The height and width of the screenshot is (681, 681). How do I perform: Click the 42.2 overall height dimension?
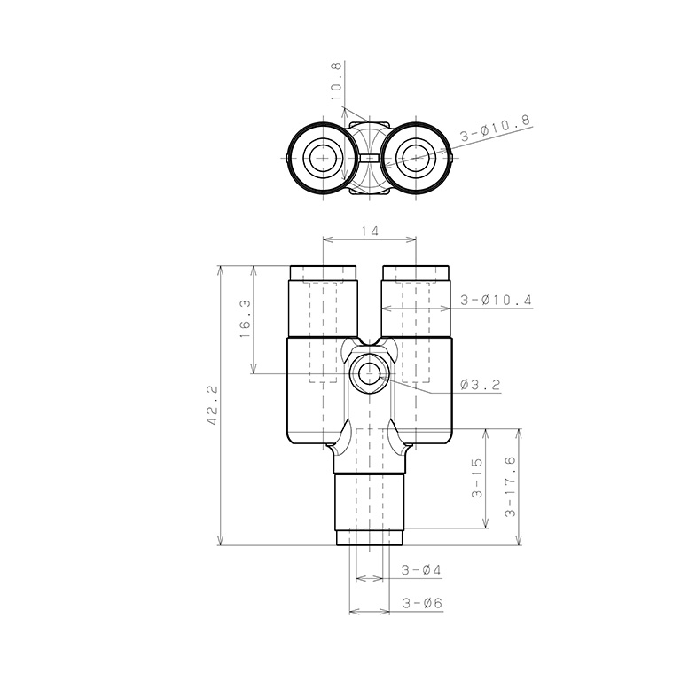click(213, 405)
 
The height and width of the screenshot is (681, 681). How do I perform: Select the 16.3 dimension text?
click(245, 319)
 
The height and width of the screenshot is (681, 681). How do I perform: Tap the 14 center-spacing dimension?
click(370, 231)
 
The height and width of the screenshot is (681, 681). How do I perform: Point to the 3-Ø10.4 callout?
click(496, 300)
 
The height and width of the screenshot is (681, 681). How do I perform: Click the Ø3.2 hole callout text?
click(481, 384)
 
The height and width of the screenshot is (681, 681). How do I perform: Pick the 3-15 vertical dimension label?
click(476, 478)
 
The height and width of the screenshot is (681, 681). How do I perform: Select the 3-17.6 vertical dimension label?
click(511, 487)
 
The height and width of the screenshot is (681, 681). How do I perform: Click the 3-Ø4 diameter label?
click(421, 569)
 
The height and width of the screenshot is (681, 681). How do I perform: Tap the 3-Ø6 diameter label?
click(422, 603)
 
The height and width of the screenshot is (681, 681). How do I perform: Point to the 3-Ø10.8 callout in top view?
click(496, 128)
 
